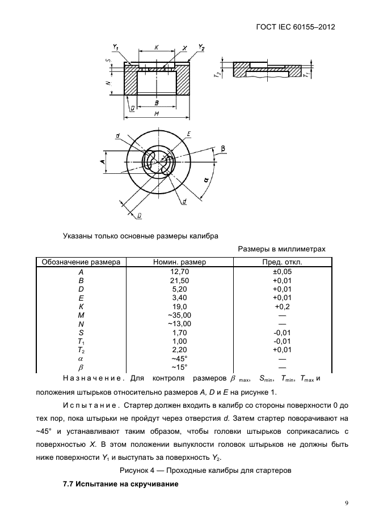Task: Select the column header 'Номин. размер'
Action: pos(180,262)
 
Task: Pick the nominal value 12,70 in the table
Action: pos(180,272)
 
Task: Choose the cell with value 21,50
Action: pos(180,280)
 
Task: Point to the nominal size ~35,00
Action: pos(180,315)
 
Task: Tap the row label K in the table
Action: pos(81,306)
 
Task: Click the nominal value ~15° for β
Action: pos(180,367)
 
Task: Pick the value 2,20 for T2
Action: pos(180,350)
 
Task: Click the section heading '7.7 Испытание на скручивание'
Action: pos(120,485)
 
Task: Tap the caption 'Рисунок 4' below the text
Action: pos(205,470)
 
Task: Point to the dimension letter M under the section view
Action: pos(156,114)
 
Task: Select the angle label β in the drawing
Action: pos(223,148)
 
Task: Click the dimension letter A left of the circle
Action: pos(102,162)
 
